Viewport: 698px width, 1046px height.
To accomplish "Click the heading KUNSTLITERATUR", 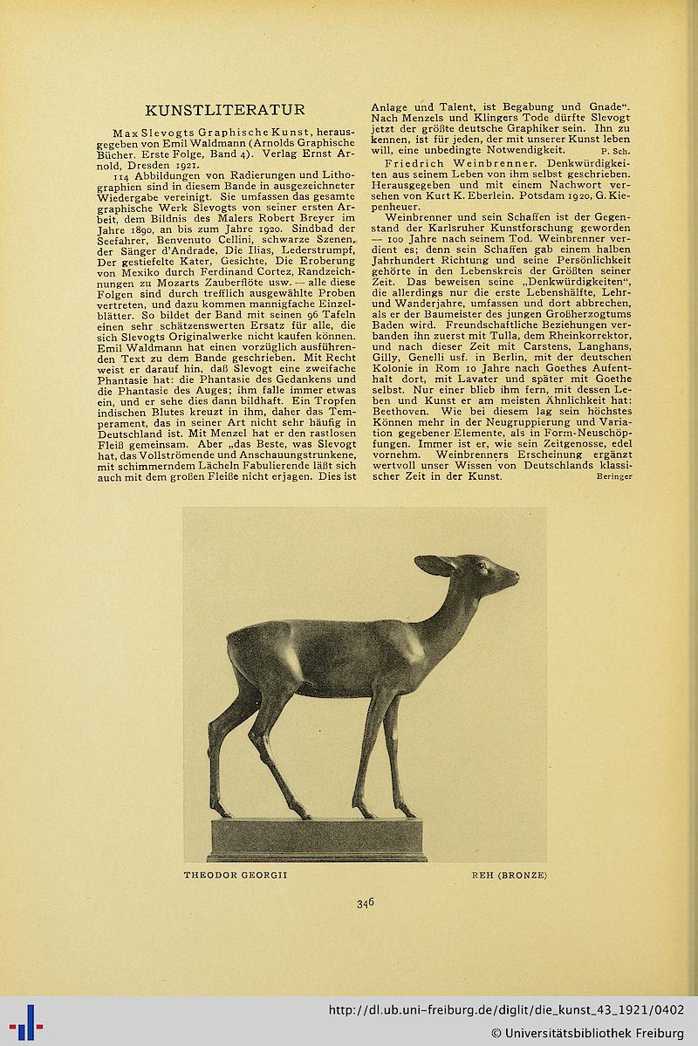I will coord(225,110).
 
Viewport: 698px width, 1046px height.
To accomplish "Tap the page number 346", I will coord(366,903).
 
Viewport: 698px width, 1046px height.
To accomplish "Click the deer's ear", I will coord(435,564).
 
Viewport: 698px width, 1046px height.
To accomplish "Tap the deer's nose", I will coord(516,576).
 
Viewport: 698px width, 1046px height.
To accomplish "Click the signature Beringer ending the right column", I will coord(614,477).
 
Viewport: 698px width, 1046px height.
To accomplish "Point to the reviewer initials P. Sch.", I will coord(616,151).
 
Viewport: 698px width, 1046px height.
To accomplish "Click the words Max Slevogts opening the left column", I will coord(165,131).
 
